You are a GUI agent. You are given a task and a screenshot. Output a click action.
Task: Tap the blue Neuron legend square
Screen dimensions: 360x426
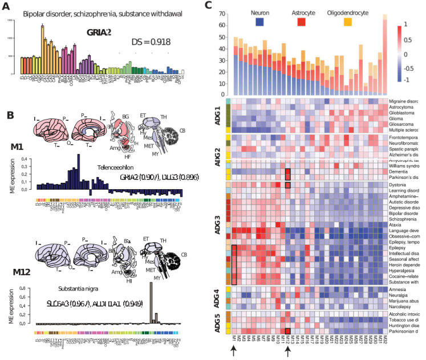click(x=260, y=22)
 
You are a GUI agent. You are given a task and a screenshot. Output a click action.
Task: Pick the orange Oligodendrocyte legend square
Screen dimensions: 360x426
click(x=347, y=22)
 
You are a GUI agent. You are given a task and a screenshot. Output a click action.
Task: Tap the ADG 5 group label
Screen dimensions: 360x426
click(x=216, y=322)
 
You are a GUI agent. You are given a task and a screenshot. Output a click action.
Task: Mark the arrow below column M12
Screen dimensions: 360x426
click(x=287, y=353)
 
